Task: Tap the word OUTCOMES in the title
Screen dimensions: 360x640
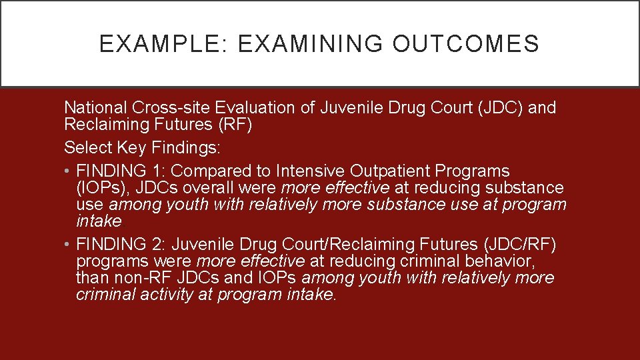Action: point(466,44)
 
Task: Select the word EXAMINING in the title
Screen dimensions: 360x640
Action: point(310,44)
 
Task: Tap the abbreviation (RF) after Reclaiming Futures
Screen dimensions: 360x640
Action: point(243,125)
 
